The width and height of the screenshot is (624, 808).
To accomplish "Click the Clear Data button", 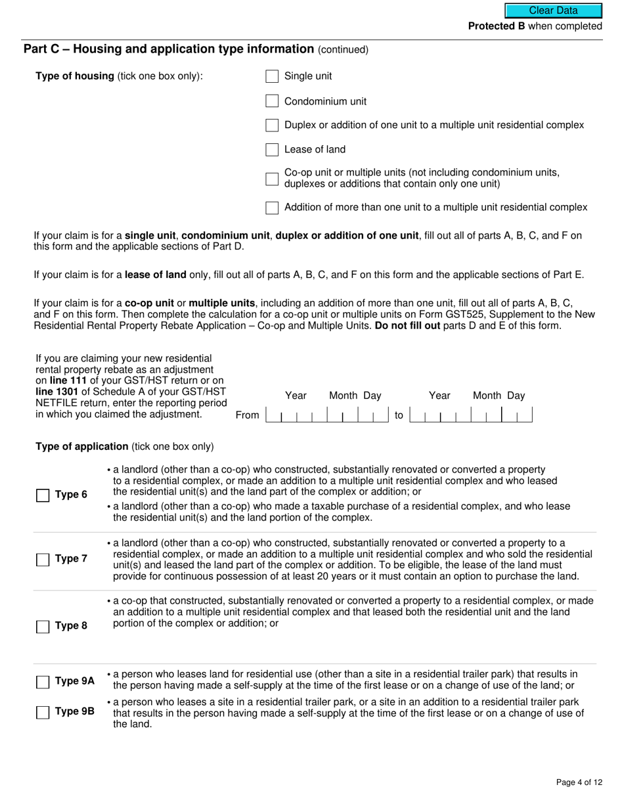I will [553, 11].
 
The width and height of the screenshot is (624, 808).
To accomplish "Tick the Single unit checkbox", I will [272, 77].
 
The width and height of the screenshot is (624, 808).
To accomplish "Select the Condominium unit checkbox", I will [272, 101].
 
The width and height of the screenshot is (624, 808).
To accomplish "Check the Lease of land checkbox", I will [272, 150].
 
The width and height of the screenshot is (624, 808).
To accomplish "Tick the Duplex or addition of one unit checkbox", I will [272, 125].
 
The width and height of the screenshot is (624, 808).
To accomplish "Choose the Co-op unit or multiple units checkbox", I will [272, 179].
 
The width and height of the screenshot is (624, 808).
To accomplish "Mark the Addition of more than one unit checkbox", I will [272, 208].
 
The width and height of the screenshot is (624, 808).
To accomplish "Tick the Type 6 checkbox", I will [43, 495].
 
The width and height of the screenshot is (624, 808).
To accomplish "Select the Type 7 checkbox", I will [43, 560].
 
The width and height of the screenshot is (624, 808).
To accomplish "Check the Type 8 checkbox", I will [43, 626].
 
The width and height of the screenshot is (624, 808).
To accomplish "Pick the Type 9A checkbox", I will [43, 682].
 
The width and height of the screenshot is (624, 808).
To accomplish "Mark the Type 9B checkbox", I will [43, 712].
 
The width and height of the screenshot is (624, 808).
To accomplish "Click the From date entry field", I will [327, 415].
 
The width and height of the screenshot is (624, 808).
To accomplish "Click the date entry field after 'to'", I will [470, 415].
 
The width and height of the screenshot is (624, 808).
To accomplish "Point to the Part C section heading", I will [169, 49].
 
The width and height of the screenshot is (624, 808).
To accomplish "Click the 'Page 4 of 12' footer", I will [578, 782].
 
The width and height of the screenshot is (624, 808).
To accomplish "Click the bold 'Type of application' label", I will [82, 447].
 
